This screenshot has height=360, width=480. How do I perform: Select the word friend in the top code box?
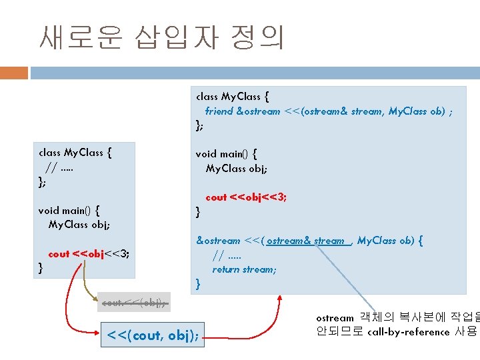pos(219,111)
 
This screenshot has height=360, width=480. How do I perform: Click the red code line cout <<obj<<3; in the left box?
pos(89,253)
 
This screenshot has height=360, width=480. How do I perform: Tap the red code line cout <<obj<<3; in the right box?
pos(246,197)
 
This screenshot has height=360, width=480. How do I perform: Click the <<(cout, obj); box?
pos(153,334)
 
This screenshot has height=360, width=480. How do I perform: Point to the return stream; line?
pos(244,269)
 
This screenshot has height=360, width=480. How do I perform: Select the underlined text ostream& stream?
pos(306,241)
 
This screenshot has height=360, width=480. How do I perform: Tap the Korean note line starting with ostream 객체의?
pos(396,318)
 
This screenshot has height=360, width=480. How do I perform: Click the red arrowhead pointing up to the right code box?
pos(277,299)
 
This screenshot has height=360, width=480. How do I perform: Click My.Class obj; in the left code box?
pos(79,224)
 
